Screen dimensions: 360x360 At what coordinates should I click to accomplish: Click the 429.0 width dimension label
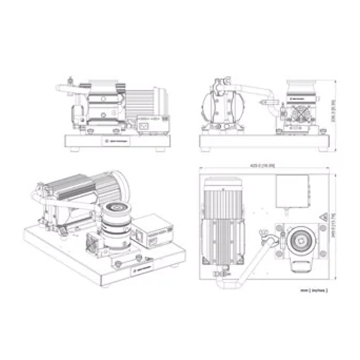[263, 166]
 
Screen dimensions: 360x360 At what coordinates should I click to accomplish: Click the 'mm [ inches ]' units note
[313, 290]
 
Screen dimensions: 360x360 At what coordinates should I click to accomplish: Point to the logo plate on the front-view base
[114, 141]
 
